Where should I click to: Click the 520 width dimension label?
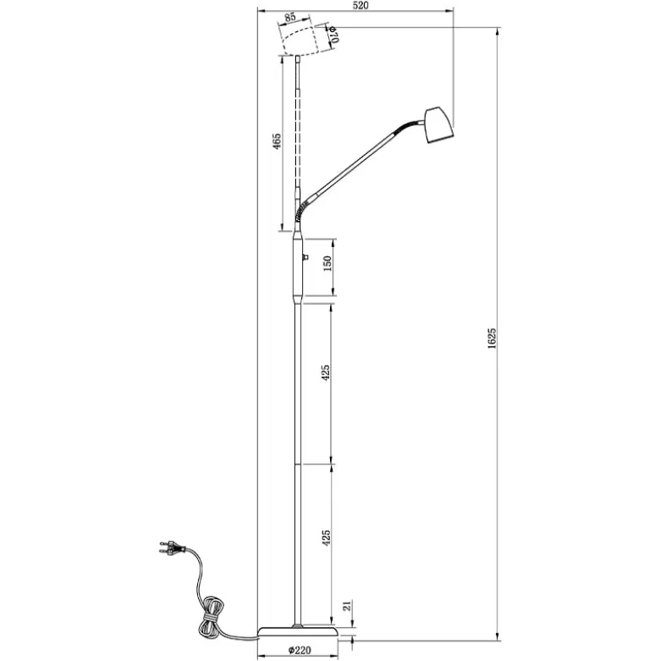pyautogui.click(x=360, y=5)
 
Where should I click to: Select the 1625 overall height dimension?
pyautogui.click(x=492, y=338)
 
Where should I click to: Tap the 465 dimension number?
pyautogui.click(x=276, y=141)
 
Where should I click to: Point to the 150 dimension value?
pyautogui.click(x=327, y=263)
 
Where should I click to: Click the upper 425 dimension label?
pyautogui.click(x=326, y=373)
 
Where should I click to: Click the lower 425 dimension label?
pyautogui.click(x=326, y=538)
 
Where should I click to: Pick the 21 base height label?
pyautogui.click(x=347, y=606)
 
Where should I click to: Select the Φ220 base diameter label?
pyautogui.click(x=300, y=651)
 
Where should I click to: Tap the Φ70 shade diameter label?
pyautogui.click(x=333, y=34)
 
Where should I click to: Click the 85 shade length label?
pyautogui.click(x=290, y=18)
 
